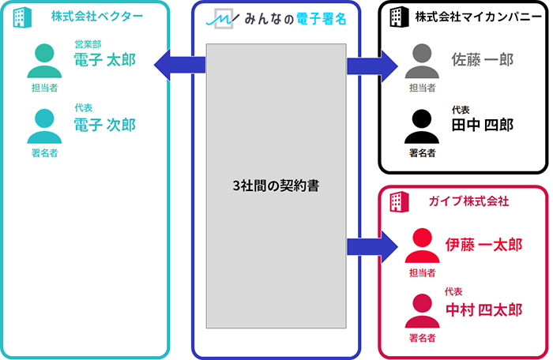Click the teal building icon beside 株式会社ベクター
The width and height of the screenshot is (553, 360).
24,18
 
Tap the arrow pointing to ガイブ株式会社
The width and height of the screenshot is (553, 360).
371,246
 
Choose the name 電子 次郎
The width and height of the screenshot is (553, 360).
104,125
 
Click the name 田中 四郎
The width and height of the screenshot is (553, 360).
482,125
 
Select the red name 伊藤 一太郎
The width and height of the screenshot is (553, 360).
483,244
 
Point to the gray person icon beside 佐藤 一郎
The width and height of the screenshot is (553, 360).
422,60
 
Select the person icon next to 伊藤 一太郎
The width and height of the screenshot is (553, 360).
422,246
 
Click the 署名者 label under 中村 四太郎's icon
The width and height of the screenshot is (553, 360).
422,337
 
